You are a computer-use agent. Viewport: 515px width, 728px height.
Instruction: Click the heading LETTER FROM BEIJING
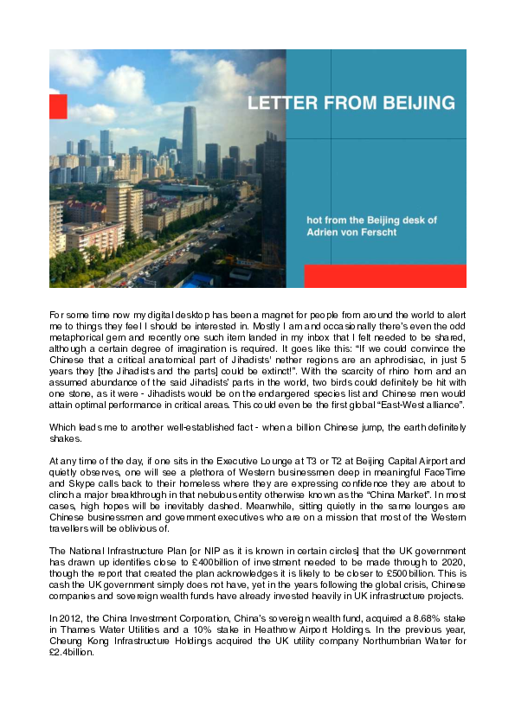351,103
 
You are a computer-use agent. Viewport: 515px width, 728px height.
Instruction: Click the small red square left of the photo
58,107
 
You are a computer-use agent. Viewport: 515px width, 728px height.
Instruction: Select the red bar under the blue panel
384,276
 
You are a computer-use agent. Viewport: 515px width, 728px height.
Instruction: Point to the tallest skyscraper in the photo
190,138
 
